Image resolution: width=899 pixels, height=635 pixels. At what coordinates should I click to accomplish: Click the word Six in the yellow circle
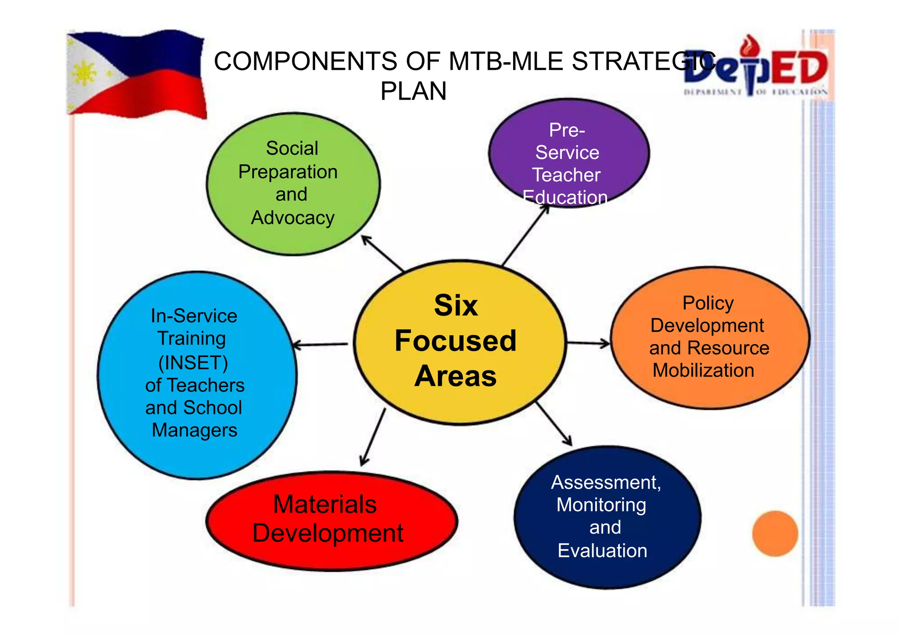pos(456,305)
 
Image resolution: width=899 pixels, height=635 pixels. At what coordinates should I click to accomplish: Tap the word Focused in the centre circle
pos(456,341)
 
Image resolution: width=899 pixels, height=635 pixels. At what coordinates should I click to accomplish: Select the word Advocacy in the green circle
pos(293,218)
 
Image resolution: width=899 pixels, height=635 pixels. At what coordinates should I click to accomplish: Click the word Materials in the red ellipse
pos(325,504)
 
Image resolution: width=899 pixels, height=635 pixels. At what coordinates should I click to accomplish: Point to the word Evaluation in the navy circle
pos(602,551)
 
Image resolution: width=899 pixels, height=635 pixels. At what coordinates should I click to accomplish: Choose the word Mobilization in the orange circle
pos(703,370)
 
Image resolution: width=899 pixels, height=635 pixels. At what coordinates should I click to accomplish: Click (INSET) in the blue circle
pos(193,363)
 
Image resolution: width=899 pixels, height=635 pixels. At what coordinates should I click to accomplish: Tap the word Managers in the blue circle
pos(194,430)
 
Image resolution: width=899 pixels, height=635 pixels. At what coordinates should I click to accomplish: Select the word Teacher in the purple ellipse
pos(566,175)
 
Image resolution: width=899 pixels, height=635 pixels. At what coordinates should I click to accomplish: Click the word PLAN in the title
pos(413,91)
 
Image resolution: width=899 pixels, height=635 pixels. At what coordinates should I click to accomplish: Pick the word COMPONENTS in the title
pos(306,61)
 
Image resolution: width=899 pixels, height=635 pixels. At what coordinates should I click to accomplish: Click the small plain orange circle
pos(775,533)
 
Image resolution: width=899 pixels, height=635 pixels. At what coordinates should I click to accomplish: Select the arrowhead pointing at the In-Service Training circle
pos(296,345)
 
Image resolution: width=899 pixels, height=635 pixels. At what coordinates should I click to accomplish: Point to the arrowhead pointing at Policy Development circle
pos(606,343)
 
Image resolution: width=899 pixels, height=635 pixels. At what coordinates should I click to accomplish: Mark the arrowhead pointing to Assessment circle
pos(568,441)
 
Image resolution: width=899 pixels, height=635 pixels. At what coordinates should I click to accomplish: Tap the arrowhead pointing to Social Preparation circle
pos(365,240)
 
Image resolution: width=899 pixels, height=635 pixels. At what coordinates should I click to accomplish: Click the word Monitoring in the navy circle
pos(601,505)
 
